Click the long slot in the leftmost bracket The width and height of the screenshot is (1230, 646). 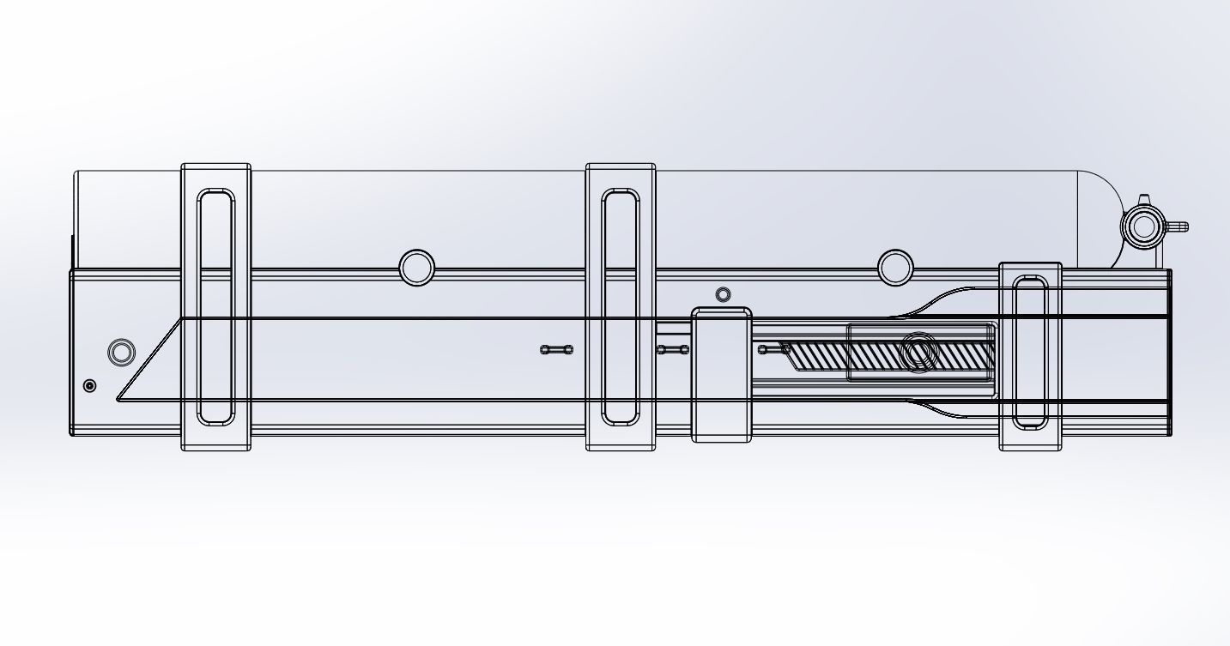[215, 307]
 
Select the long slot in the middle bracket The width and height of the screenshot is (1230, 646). [621, 307]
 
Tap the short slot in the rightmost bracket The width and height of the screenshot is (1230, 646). [1030, 353]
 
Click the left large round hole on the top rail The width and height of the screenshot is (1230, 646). [417, 268]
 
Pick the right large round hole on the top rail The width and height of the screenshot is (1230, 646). [896, 268]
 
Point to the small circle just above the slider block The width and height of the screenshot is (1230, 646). [723, 295]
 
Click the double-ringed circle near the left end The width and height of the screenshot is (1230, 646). [121, 352]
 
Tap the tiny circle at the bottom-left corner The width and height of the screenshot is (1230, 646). [90, 386]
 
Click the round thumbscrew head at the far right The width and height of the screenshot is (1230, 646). [1142, 227]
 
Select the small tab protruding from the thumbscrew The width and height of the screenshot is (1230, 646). [1177, 227]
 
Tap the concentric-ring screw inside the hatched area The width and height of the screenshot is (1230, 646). [918, 353]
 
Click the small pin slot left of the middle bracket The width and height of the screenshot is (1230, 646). [556, 349]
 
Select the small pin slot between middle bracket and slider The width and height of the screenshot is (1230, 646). [672, 349]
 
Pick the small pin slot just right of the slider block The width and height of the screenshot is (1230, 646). [773, 348]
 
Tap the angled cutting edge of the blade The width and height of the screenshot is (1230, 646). [150, 359]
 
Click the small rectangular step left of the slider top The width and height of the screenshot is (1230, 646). [674, 328]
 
